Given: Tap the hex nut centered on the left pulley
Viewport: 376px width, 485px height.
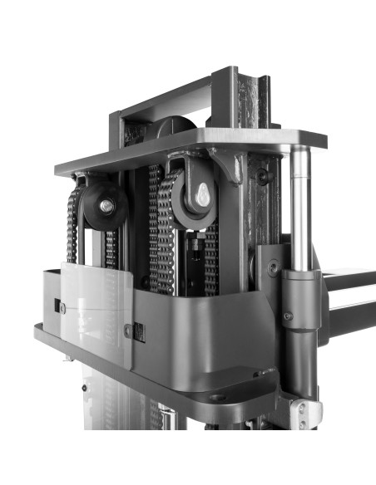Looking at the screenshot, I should (106, 204).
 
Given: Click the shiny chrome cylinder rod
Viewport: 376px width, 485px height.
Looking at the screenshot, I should (300, 208).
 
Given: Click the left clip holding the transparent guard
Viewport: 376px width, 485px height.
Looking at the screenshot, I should (61, 307).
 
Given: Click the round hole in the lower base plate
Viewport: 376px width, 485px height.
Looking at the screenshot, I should (218, 397).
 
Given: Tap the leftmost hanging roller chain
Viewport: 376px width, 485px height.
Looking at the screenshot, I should (73, 224).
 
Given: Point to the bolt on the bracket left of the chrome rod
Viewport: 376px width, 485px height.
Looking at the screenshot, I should (273, 267).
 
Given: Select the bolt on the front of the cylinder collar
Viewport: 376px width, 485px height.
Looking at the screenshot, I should (288, 316).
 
